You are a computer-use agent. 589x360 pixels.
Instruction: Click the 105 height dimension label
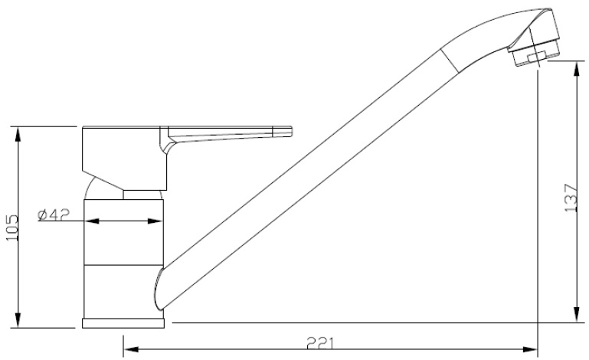[x=11, y=227]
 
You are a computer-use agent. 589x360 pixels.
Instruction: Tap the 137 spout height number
[x=569, y=198]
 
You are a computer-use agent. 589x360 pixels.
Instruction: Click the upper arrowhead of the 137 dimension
[x=574, y=68]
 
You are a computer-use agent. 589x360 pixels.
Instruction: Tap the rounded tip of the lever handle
[x=288, y=132]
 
